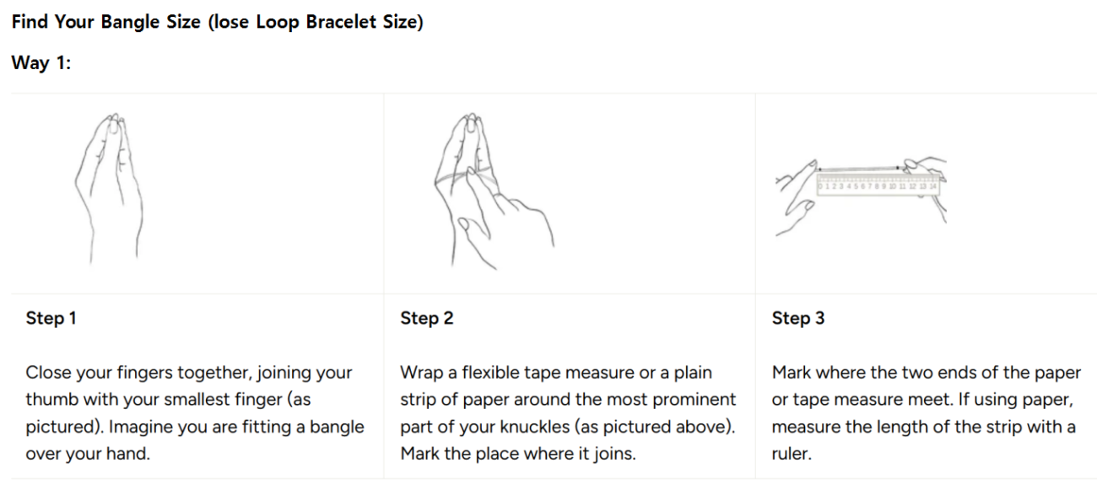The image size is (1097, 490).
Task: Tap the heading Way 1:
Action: click(41, 62)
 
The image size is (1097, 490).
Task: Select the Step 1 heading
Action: click(51, 318)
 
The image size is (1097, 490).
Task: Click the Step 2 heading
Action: click(426, 318)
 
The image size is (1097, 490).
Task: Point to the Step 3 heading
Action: click(798, 318)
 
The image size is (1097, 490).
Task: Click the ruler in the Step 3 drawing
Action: click(878, 185)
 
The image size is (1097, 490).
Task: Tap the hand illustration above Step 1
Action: click(109, 188)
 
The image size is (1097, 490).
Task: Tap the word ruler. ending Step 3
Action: click(792, 454)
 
